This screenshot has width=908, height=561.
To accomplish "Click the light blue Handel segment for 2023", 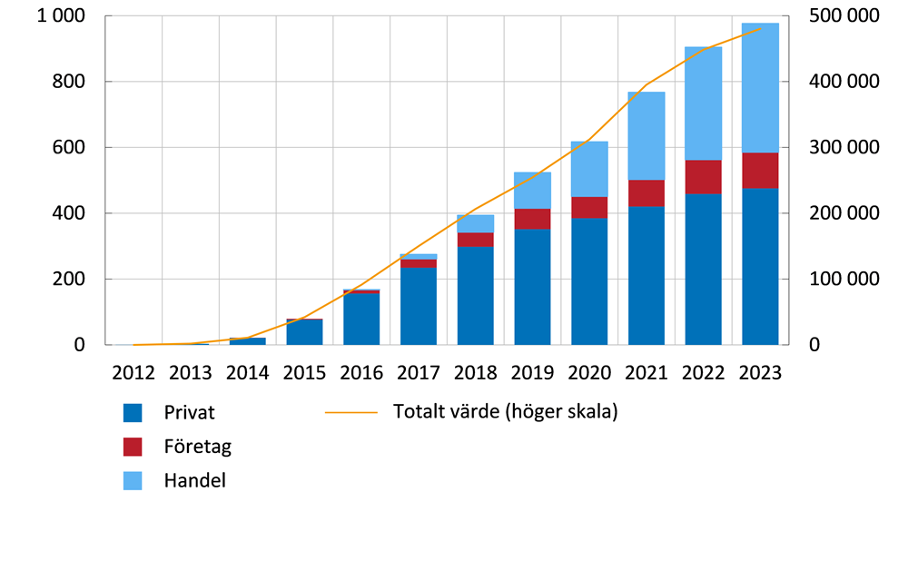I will tap(760, 88).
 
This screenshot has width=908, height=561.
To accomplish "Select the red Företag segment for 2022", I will tap(703, 177).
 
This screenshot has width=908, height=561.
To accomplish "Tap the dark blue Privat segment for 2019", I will tap(532, 287).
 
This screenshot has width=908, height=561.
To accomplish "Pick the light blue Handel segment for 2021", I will tap(646, 136).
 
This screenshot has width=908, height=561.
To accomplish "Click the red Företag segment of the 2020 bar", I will tap(589, 208).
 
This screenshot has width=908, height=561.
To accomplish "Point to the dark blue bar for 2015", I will tap(304, 332).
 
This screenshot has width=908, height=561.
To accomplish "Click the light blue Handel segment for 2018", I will tap(476, 223).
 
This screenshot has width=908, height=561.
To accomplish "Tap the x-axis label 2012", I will tap(133, 372).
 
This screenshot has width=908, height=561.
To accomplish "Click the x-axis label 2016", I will tap(361, 372).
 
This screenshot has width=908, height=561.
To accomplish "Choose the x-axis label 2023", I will tap(760, 372).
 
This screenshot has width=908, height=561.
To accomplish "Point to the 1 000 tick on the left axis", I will tap(63, 16).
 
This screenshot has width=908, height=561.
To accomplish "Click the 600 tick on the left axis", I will tap(70, 147).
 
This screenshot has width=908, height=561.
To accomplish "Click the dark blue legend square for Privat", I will tap(133, 413).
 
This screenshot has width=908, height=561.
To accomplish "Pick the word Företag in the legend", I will tap(198, 447).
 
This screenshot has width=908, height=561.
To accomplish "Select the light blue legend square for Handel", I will tap(133, 480).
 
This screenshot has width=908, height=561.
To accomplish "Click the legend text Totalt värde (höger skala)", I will tap(505, 412).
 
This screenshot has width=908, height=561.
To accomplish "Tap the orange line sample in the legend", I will tap(350, 412).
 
